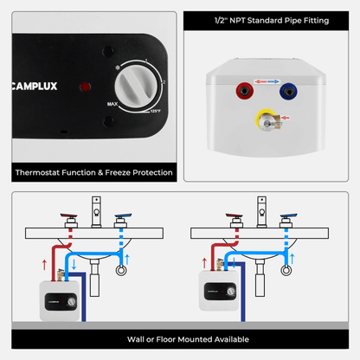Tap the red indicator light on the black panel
point(83,87)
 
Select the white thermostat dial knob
point(138,86)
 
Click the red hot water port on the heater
point(243,88)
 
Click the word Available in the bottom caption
point(227,339)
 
